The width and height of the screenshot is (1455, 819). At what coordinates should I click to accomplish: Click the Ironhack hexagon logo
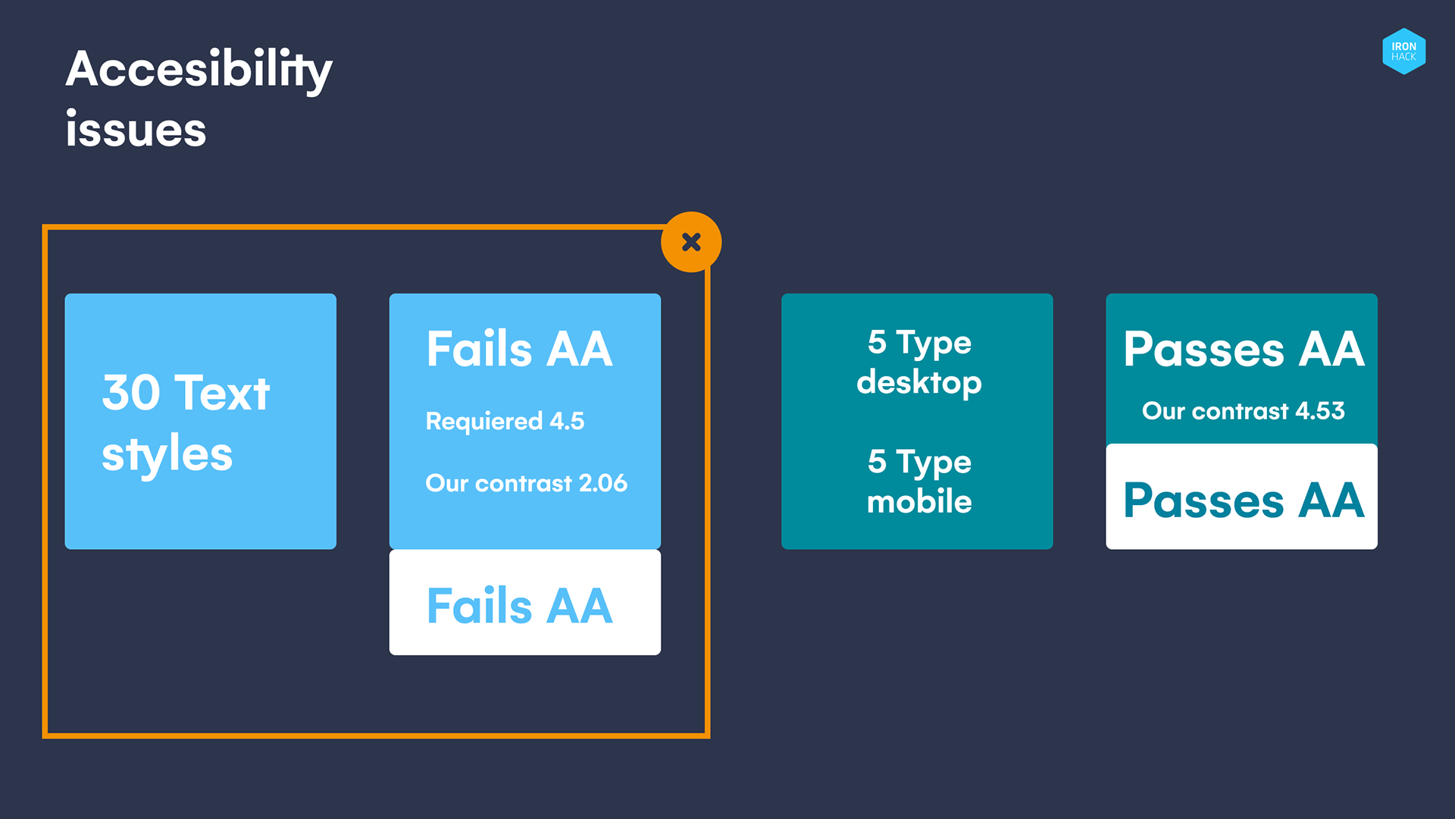tap(1403, 51)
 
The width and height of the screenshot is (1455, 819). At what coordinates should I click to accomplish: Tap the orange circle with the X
tap(691, 242)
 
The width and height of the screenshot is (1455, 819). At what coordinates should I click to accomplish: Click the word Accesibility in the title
tap(199, 70)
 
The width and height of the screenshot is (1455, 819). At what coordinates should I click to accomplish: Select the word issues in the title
tap(136, 130)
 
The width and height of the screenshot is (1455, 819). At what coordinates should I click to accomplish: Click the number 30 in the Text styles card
tap(131, 393)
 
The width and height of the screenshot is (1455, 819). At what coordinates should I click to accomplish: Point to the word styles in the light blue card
tap(167, 455)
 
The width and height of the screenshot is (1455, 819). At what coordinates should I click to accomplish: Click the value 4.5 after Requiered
tap(567, 421)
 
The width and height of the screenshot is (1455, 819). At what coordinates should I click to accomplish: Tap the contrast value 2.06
tap(602, 483)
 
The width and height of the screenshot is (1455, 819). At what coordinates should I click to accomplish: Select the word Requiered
tap(483, 422)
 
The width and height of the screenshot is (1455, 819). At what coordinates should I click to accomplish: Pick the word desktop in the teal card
tap(918, 382)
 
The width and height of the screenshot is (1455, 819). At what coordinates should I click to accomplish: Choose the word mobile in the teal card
tap(918, 501)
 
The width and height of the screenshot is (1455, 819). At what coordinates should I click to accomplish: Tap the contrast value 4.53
tap(1319, 411)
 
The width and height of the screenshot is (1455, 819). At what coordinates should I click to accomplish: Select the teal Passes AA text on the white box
tap(1244, 500)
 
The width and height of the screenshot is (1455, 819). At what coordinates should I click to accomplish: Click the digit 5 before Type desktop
tap(877, 342)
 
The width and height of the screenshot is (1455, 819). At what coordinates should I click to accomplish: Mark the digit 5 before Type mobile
tap(877, 461)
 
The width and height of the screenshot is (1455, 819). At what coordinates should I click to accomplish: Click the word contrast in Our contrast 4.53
tap(1240, 411)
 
